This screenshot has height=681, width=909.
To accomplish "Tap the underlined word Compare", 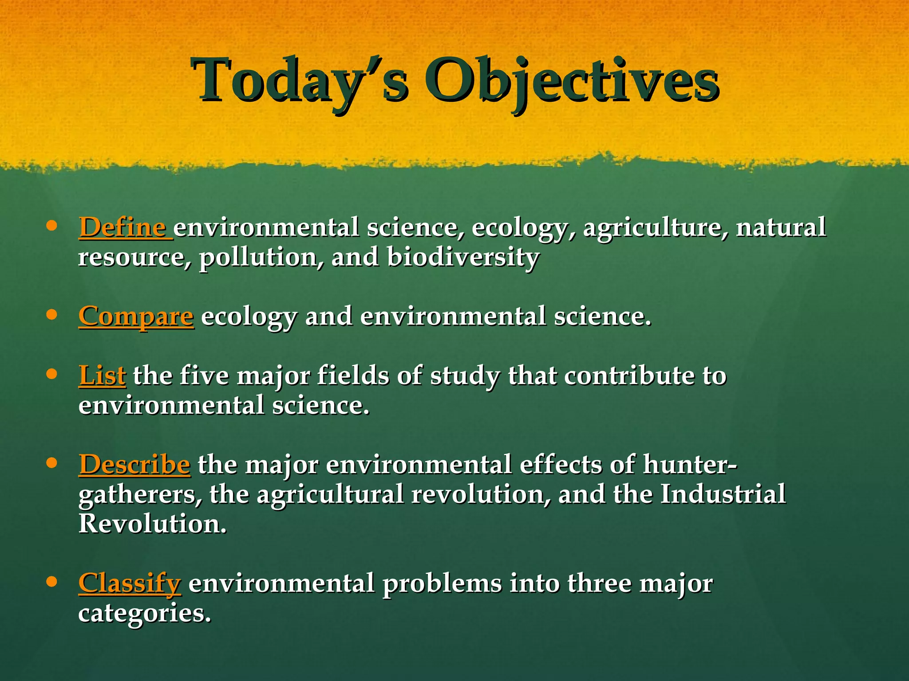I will (x=136, y=317).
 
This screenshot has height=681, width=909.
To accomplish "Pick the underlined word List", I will (x=102, y=375).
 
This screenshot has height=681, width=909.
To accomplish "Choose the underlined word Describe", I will (x=134, y=464).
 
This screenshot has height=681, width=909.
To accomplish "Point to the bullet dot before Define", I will (x=52, y=226).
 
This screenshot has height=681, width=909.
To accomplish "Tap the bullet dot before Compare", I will (x=52, y=315).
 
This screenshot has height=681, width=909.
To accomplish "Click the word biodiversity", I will (x=462, y=257).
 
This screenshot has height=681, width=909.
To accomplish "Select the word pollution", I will (x=261, y=257).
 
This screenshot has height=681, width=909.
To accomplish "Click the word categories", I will (x=144, y=614).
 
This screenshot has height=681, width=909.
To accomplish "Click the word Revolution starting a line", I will (x=152, y=524).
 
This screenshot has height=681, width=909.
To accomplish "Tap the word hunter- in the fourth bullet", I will (x=690, y=464).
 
